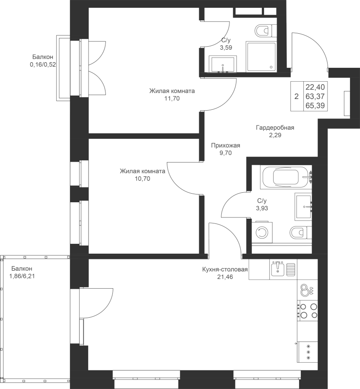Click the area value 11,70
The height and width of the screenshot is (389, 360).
point(172,99)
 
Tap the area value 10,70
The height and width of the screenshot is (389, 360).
point(143,179)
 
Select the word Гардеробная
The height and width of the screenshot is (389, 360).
point(275,128)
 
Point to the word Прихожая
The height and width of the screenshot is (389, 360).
point(226,146)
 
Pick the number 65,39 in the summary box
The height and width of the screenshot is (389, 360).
point(315,105)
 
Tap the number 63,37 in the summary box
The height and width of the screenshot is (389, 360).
point(315,96)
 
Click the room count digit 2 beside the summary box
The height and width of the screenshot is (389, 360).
point(296,96)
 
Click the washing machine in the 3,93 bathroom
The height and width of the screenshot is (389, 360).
point(261,233)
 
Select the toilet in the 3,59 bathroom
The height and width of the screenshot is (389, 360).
point(264,31)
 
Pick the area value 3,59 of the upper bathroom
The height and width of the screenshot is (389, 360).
point(226,48)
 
